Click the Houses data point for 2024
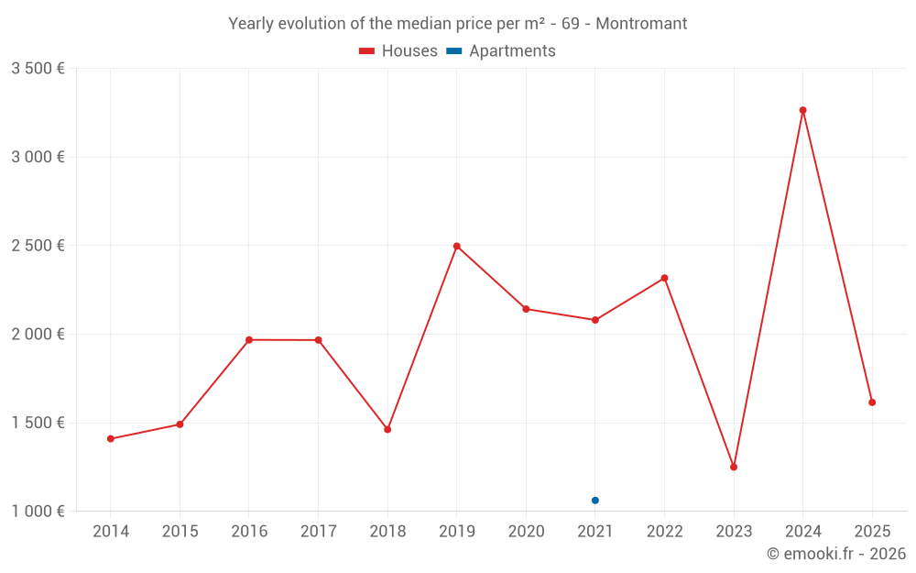[802, 110]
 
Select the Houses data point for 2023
[734, 467]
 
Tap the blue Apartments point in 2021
[595, 501]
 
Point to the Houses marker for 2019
[456, 246]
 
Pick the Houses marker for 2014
[111, 439]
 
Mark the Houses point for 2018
[387, 429]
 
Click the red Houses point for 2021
[595, 320]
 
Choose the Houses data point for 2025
[872, 402]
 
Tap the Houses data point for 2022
[664, 278]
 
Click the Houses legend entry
[398, 51]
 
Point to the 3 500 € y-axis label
[38, 69]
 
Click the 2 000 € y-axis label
[38, 335]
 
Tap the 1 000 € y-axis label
[38, 512]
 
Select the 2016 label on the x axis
[249, 531]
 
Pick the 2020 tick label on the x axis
[526, 531]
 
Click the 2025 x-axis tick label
[872, 531]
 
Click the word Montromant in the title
[641, 24]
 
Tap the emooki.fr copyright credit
[836, 554]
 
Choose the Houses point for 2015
[180, 424]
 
